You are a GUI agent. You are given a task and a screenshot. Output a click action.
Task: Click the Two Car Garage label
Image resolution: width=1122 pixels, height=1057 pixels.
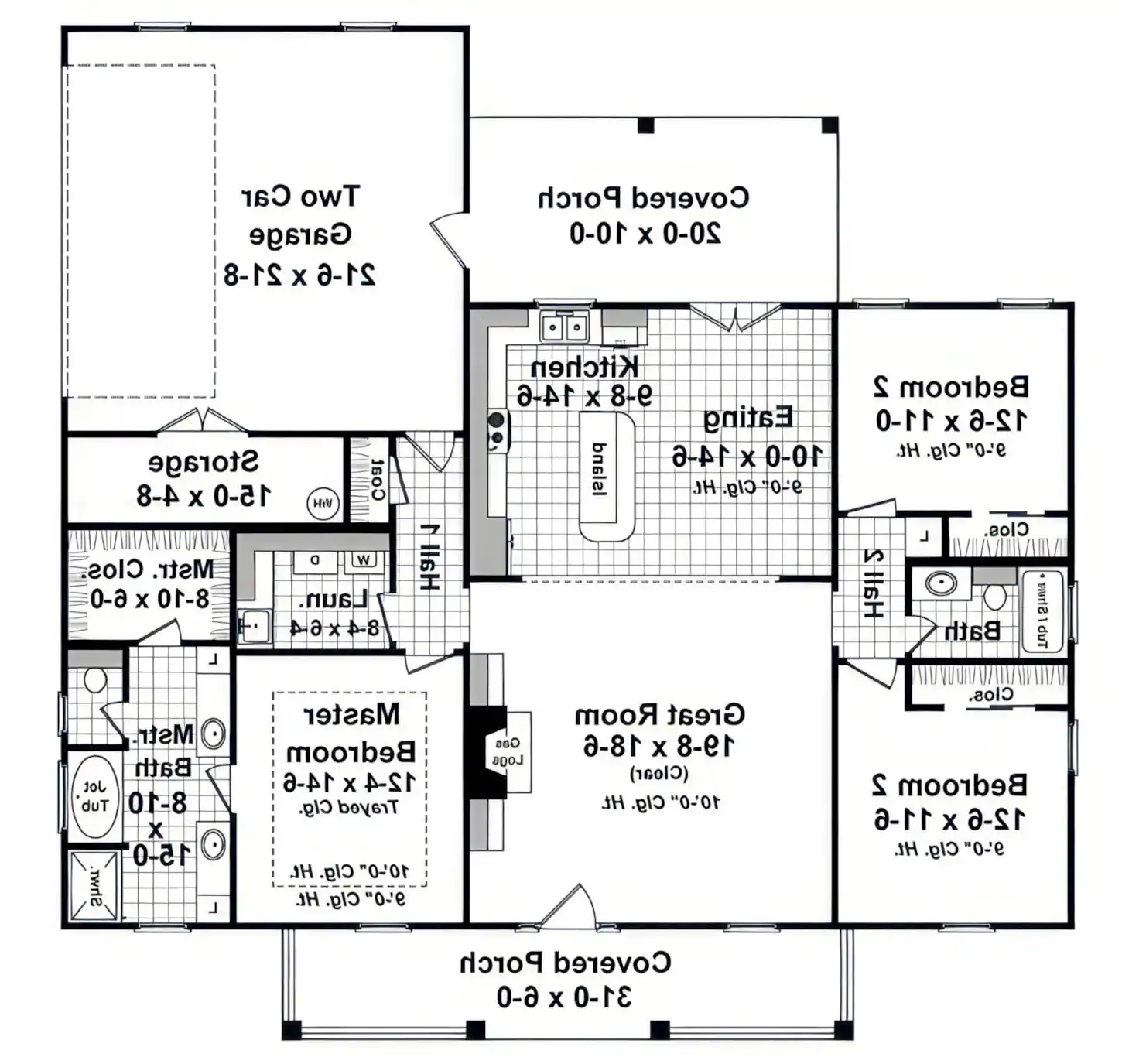click(x=300, y=215)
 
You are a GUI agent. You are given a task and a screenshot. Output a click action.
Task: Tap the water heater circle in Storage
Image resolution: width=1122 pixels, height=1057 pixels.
click(x=323, y=504)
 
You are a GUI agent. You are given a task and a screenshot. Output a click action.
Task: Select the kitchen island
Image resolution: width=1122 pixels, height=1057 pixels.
click(x=607, y=475)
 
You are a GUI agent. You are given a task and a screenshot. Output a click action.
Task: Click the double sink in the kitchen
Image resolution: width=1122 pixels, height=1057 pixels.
click(x=563, y=327)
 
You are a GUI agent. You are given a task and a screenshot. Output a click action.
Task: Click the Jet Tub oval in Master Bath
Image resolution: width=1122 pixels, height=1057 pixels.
click(x=95, y=797)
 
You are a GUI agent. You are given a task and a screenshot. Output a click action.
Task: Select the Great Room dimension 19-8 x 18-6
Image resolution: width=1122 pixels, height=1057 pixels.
click(x=659, y=746)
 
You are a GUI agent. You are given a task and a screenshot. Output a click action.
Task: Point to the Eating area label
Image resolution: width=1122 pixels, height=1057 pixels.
click(x=747, y=418)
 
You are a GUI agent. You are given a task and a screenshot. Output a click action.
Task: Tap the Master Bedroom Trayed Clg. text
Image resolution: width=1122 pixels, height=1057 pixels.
click(x=349, y=808)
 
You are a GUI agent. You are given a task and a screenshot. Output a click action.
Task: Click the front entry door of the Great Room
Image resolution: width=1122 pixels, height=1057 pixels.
click(x=567, y=907)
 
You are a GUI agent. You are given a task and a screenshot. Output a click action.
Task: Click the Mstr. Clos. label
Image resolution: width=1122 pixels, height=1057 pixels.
click(x=149, y=570)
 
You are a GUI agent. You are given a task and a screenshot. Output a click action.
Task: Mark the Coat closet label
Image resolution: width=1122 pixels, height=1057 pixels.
click(x=378, y=480)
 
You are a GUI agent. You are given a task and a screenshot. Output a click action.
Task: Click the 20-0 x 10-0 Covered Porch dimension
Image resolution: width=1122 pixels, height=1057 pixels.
click(x=645, y=233)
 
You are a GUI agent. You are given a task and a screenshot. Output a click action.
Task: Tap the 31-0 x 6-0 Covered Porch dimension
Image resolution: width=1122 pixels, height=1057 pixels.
click(x=564, y=997)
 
